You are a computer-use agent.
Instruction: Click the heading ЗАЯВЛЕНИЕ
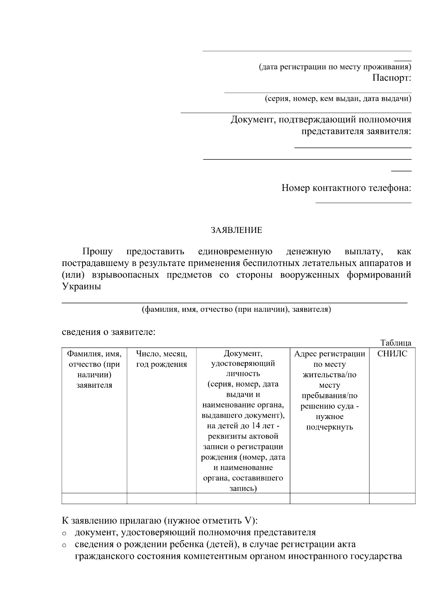click(237, 230)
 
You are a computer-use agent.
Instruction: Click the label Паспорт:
click(391, 78)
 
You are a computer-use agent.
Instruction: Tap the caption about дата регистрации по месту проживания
click(335, 67)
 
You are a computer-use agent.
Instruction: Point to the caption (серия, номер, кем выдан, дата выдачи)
click(338, 99)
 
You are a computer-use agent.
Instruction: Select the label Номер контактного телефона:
click(346, 188)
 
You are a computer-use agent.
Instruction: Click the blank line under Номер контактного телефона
click(363, 202)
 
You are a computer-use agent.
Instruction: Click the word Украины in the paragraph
click(81, 287)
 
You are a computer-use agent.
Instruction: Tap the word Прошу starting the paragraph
click(97, 251)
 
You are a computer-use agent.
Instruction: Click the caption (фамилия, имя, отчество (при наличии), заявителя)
click(236, 309)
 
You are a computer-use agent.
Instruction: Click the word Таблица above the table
click(396, 343)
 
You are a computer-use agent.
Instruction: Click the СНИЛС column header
click(392, 354)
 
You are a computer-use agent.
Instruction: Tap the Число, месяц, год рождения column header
click(161, 359)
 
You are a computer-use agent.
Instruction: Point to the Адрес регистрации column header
click(329, 354)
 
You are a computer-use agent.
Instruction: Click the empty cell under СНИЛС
click(392, 498)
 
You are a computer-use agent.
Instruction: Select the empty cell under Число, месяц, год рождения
click(161, 498)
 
